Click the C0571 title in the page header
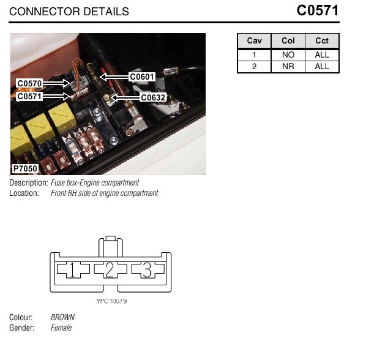[318, 10]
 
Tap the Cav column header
[254, 41]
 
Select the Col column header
[288, 41]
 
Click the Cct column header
[322, 41]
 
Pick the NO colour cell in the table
[288, 55]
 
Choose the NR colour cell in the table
[288, 67]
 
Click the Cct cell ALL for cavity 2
[322, 67]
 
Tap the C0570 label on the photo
[29, 83]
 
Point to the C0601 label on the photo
[142, 77]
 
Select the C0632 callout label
[153, 97]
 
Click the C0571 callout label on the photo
[29, 96]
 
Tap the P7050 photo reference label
[25, 168]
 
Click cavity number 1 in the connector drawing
[72, 270]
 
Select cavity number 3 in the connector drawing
[147, 270]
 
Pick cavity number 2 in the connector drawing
[110, 270]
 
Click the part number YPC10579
[111, 301]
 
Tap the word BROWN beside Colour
[63, 317]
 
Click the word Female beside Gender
[61, 328]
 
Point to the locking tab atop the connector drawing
[111, 247]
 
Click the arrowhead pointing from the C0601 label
[103, 77]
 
